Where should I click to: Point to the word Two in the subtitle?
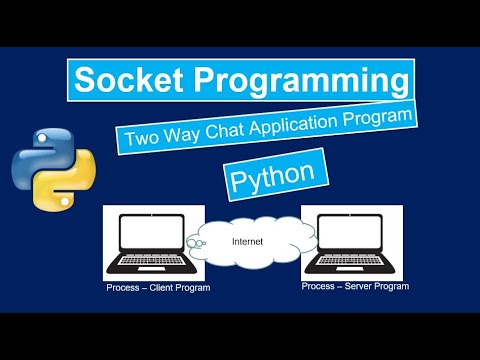click(x=138, y=139)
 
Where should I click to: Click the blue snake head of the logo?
click(x=41, y=140)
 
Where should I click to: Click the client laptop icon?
click(x=154, y=245)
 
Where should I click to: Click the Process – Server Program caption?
click(x=356, y=286)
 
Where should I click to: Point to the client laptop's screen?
click(x=154, y=236)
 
